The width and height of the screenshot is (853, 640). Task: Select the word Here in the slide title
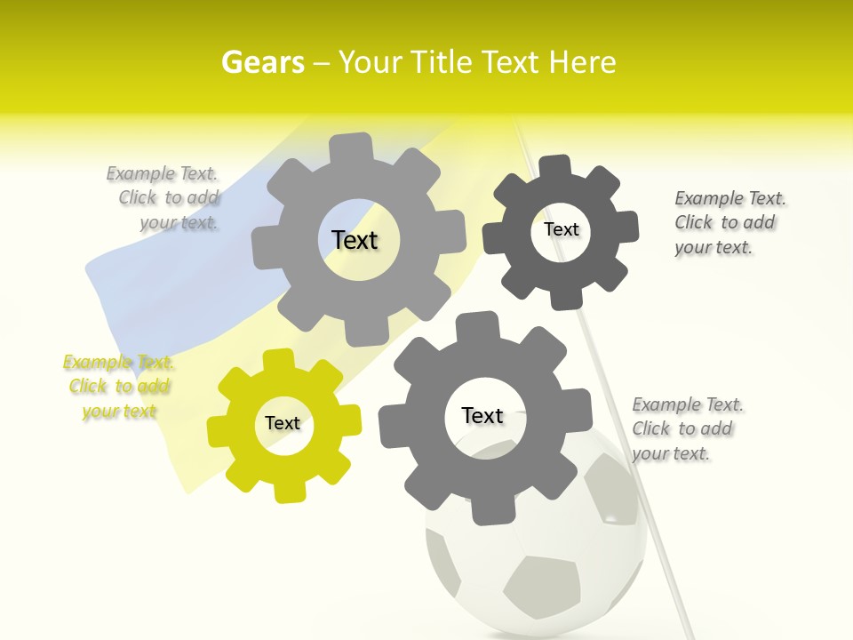click(582, 62)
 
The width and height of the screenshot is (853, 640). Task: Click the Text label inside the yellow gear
click(283, 423)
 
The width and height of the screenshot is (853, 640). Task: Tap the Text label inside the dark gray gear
click(561, 229)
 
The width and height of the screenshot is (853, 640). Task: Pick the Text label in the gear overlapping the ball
click(482, 415)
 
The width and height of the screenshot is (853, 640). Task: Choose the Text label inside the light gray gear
click(355, 240)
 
